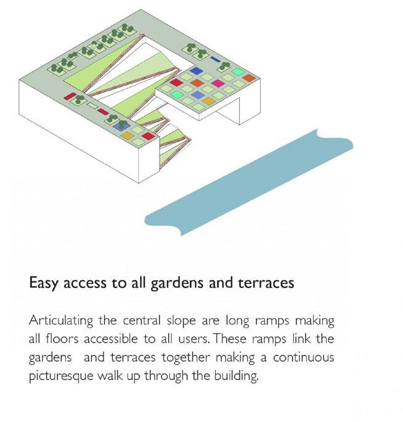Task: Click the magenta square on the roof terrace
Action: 217,83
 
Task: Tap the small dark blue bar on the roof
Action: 214,59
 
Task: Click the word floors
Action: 63,339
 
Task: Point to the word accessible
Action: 116,339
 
